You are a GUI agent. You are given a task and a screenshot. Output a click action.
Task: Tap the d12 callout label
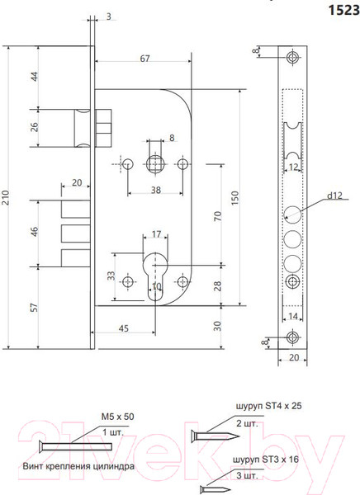coord(334,196)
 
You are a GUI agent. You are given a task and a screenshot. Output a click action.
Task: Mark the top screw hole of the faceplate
coord(293,59)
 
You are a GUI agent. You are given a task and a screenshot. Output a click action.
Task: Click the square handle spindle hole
coord(154,163)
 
